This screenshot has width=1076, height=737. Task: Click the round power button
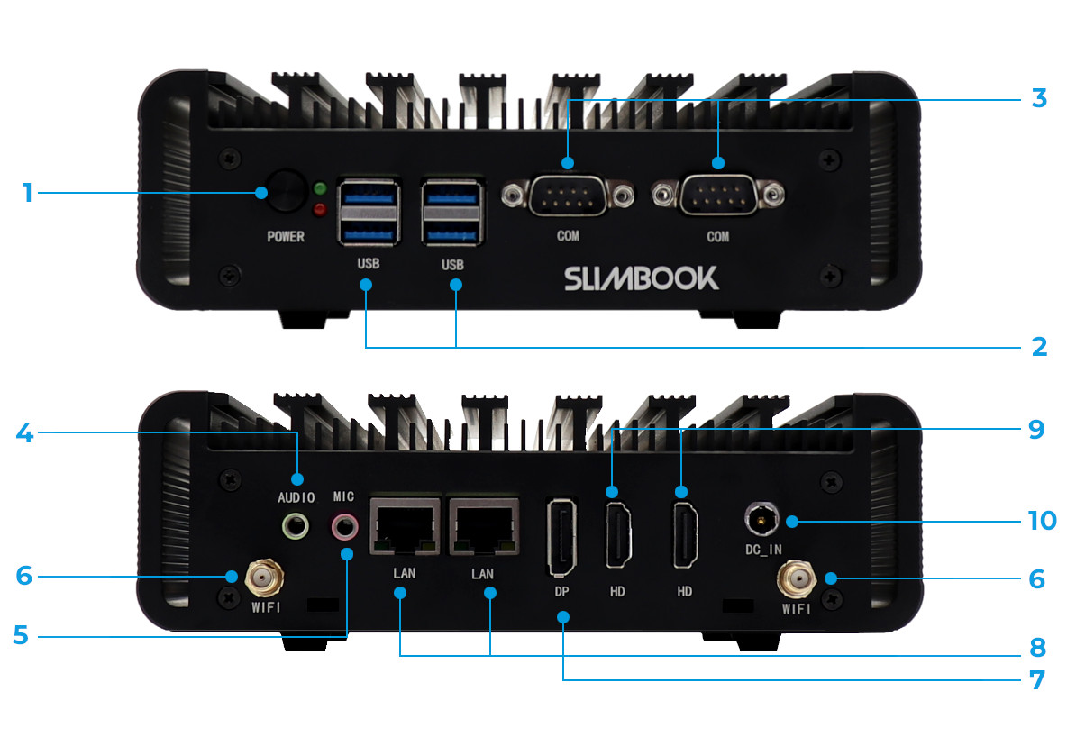pos(287,191)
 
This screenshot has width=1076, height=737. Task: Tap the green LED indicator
pos(320,188)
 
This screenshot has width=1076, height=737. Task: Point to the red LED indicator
pos(320,209)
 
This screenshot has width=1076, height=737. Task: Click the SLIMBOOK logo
pos(641,278)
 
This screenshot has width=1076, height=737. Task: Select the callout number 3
pos(1039,98)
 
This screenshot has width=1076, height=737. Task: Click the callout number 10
pos(1043,520)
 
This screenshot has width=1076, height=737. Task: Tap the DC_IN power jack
pos(761,519)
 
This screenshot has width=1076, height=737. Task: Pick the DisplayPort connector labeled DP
pos(562,537)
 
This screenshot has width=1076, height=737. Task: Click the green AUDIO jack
pos(296,527)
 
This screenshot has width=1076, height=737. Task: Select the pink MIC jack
pos(344,527)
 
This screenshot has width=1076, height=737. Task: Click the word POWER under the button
pos(286,236)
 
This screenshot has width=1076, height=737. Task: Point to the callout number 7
pos(1037,680)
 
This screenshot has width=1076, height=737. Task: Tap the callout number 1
pos(27,193)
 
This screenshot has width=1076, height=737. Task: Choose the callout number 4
pos(24,433)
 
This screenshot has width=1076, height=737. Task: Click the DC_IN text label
pos(764,550)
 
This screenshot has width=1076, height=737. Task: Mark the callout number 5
pos(22,635)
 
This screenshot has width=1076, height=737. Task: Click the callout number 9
pos(1036,430)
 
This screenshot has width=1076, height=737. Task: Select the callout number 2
pos(1039,347)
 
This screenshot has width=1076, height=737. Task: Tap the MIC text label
pos(344,496)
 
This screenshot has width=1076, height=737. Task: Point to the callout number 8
pos(1037,647)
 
